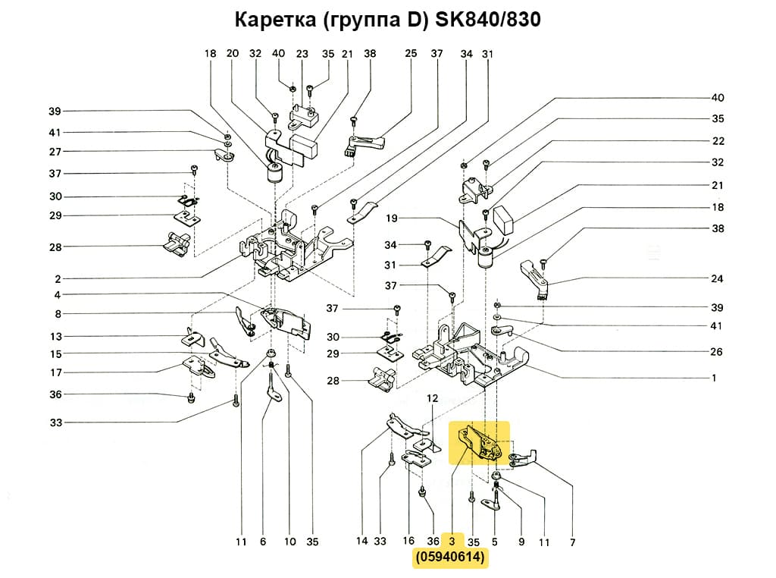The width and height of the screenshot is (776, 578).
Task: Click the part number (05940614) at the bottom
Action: (x=450, y=559)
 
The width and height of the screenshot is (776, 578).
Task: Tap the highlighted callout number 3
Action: (x=452, y=542)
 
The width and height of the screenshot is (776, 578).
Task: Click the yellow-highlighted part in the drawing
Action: (x=479, y=443)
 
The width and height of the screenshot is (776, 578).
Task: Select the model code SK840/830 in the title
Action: (x=487, y=20)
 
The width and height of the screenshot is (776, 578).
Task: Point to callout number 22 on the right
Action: (x=717, y=141)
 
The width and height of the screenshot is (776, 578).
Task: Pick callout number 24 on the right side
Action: (x=717, y=279)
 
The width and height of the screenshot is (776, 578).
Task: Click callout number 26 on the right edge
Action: (x=717, y=352)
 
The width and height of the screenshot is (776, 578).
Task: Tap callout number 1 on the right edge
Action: (x=714, y=378)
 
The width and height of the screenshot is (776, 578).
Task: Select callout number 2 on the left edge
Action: (x=58, y=278)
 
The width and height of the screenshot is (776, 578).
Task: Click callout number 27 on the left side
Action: (x=55, y=152)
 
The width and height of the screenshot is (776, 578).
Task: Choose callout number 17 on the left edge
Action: (x=55, y=372)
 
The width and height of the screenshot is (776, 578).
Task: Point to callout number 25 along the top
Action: (x=411, y=54)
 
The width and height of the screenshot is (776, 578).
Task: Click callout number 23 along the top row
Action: (x=302, y=54)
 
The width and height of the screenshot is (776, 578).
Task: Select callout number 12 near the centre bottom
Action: (x=433, y=398)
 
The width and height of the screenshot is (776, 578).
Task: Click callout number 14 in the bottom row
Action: (x=361, y=542)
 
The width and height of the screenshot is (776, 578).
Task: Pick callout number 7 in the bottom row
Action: (x=572, y=542)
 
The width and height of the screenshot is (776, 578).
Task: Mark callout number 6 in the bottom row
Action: (x=263, y=542)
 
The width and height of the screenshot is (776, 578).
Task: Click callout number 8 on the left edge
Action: (x=58, y=314)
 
